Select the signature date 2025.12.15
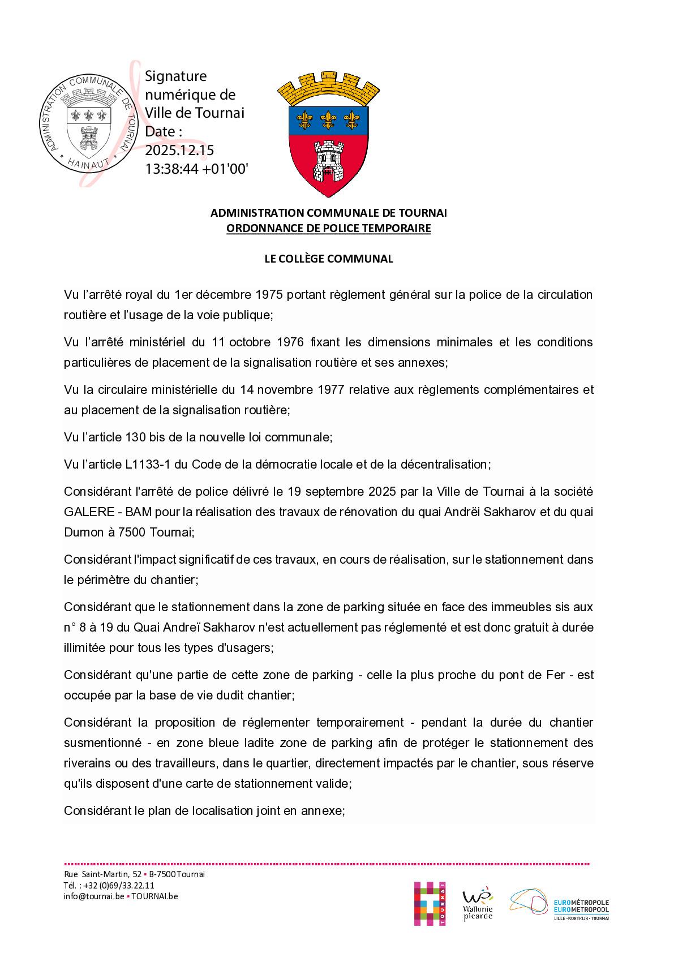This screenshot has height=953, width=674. click(179, 150)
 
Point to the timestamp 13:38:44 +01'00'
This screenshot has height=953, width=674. click(196, 168)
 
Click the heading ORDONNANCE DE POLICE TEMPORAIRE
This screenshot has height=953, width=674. click(328, 229)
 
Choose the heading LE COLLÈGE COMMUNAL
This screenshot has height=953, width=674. click(328, 259)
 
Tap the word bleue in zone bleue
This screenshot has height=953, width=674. click(239, 743)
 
